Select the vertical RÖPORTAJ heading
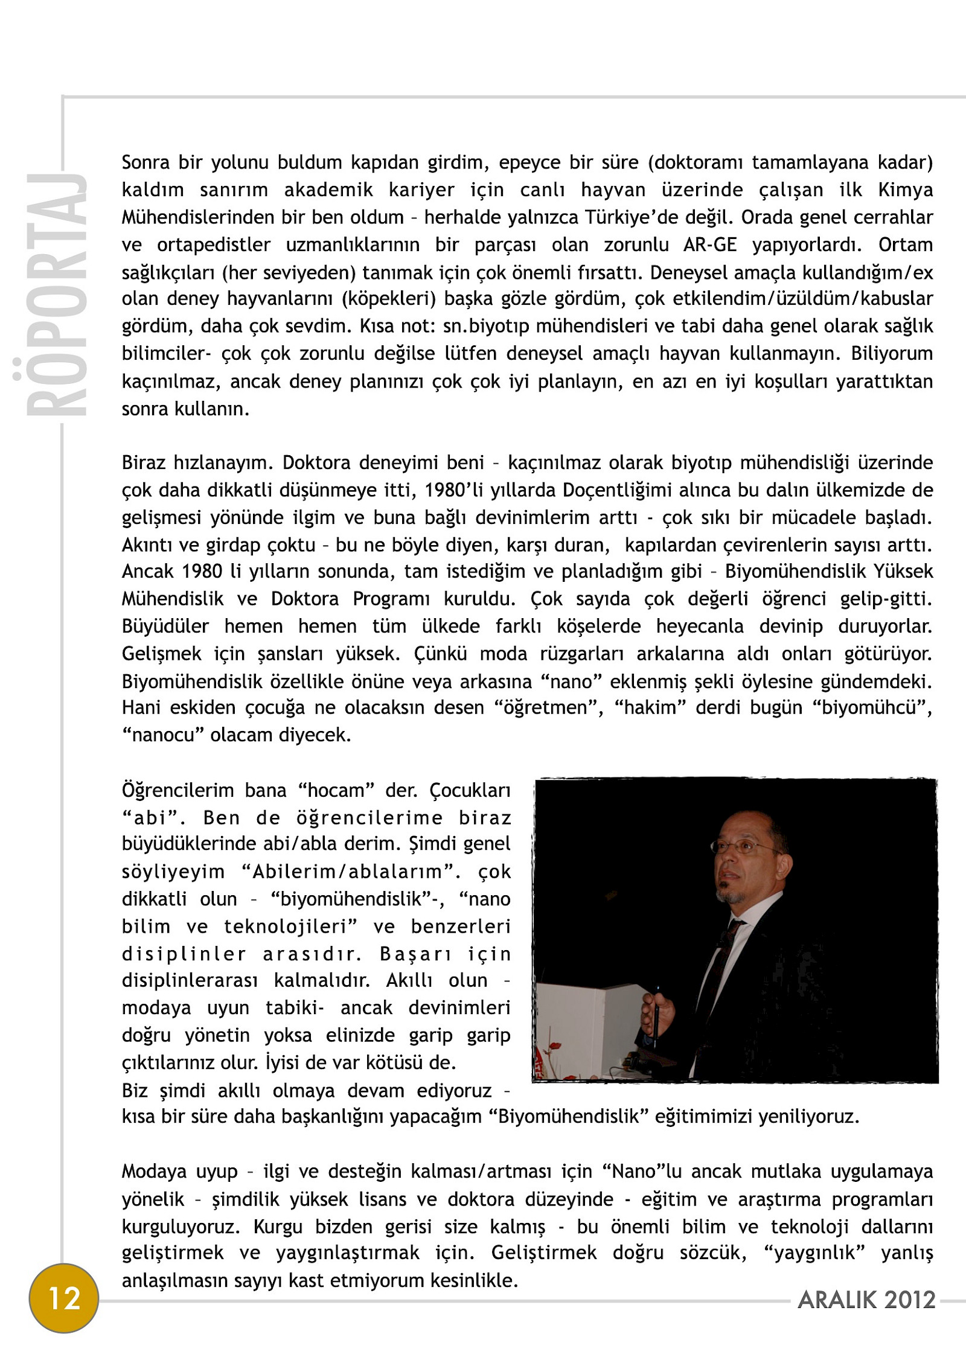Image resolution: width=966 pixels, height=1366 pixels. point(57,295)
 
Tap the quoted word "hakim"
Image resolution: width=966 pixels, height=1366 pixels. point(650,707)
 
